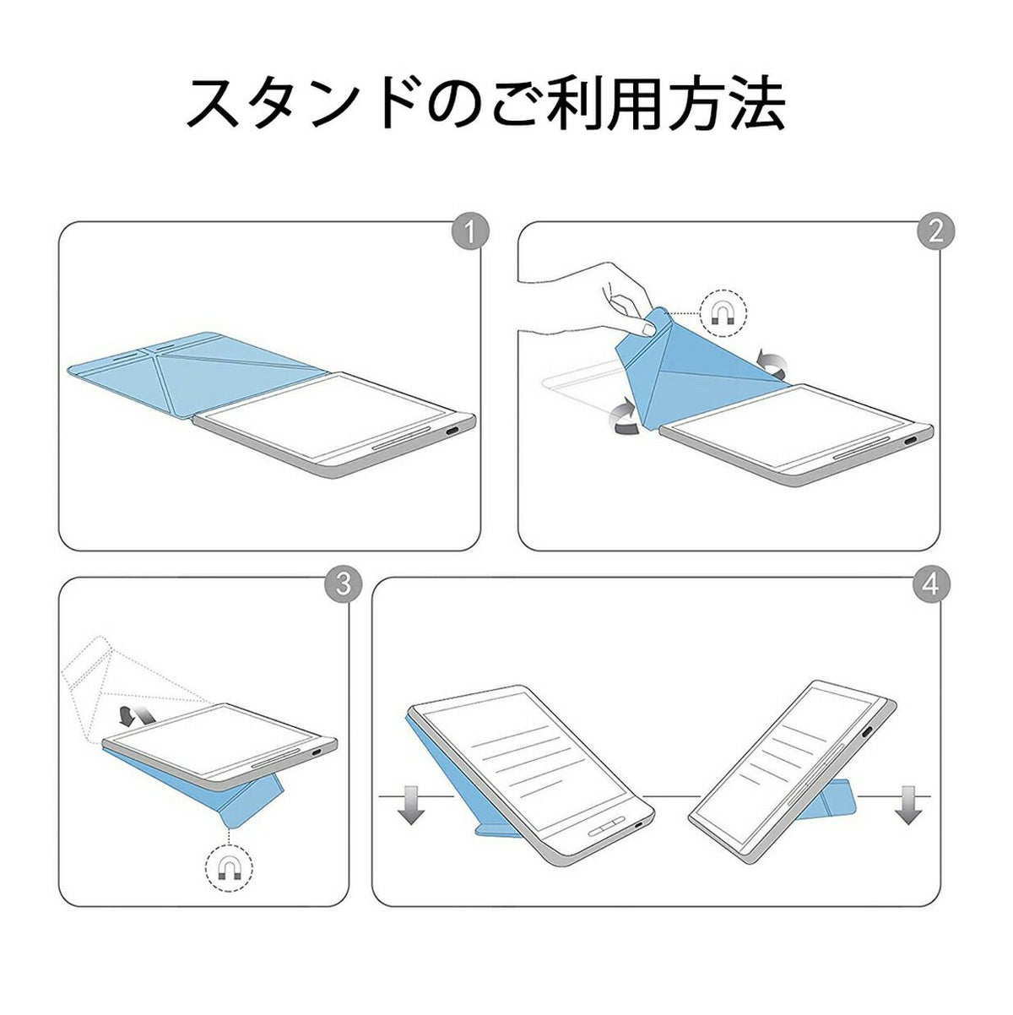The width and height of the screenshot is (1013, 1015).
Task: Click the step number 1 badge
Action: [470, 232]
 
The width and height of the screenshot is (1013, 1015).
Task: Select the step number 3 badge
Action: [343, 584]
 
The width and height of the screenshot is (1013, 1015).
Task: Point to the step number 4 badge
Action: [930, 584]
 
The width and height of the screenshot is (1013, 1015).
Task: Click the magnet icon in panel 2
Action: [723, 314]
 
